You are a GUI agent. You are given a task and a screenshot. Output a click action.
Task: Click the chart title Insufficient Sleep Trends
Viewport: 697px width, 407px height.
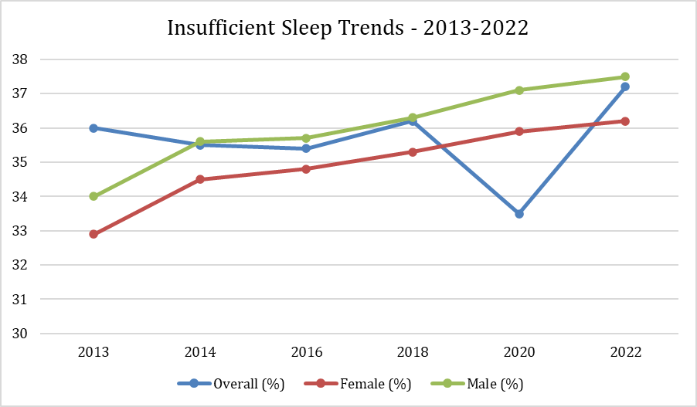tap(348, 29)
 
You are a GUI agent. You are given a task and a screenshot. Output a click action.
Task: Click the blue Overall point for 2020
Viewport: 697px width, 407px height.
tap(519, 214)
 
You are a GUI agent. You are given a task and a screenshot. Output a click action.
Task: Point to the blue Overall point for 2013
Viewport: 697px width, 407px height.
tap(93, 128)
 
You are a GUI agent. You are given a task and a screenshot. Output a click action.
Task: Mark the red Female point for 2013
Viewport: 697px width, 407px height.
tap(93, 234)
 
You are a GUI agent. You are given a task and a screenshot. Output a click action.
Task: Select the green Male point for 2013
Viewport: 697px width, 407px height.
tap(93, 196)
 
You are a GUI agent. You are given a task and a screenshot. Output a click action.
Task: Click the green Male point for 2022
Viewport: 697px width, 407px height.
tap(626, 76)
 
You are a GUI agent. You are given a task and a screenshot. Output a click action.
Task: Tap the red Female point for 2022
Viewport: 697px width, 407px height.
tap(626, 121)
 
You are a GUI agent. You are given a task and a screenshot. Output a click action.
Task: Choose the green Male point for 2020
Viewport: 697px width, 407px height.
tap(519, 90)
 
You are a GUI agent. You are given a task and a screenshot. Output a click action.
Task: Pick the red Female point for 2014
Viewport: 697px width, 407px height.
tap(200, 179)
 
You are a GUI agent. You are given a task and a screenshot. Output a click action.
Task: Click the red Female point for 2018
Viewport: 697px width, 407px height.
tap(413, 152)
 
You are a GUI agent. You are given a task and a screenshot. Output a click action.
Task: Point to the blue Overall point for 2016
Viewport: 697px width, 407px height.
tap(307, 148)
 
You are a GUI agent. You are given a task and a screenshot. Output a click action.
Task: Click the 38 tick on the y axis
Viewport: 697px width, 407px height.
tap(21, 59)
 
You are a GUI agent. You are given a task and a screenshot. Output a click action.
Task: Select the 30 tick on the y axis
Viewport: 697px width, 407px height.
tap(21, 334)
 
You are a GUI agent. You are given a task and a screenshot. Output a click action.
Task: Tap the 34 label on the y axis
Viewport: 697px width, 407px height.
tap(21, 197)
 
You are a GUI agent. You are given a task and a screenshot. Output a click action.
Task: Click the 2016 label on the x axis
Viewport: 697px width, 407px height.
tap(307, 352)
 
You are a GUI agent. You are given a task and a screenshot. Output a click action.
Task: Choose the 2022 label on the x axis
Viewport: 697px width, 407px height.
tap(626, 352)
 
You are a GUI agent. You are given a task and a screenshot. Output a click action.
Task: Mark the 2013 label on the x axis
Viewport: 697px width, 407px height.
tap(93, 352)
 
